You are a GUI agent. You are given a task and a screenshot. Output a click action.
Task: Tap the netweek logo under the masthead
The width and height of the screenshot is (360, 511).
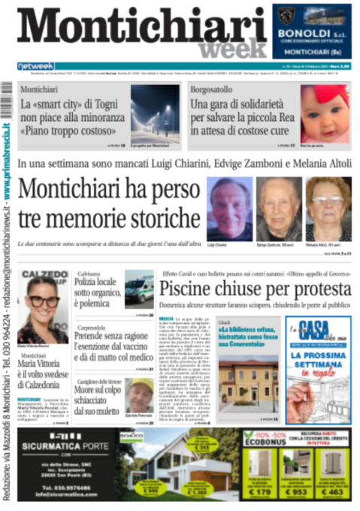point(35,66)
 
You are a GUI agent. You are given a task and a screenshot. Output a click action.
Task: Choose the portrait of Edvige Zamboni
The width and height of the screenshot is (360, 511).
point(279,210)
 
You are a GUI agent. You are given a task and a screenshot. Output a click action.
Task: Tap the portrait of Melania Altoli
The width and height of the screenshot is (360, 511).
point(328,210)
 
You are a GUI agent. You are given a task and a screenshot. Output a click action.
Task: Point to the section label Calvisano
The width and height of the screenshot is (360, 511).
point(89,274)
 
